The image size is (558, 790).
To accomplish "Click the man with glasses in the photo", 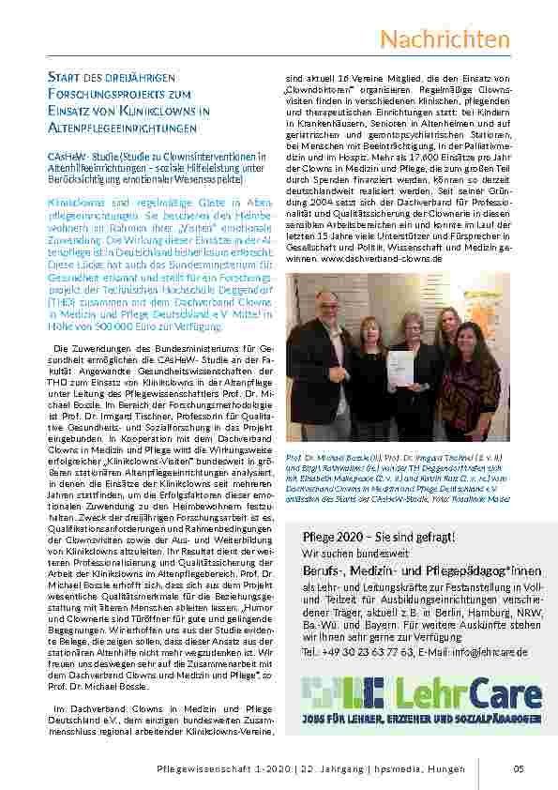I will point(321,361).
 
